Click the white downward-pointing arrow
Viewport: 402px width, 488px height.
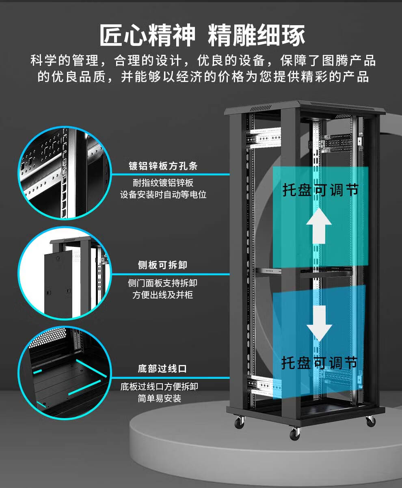click(x=319, y=322)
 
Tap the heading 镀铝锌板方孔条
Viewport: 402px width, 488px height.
click(x=163, y=166)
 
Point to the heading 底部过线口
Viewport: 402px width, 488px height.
click(x=162, y=369)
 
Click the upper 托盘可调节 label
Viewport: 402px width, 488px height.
click(x=321, y=190)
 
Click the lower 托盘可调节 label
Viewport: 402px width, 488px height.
click(x=320, y=362)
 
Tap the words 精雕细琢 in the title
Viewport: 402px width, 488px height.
click(x=257, y=36)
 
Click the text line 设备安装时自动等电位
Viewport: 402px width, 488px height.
click(x=163, y=194)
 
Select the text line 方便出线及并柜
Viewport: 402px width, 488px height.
click(x=162, y=295)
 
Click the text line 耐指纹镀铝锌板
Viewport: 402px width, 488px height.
click(x=163, y=182)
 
